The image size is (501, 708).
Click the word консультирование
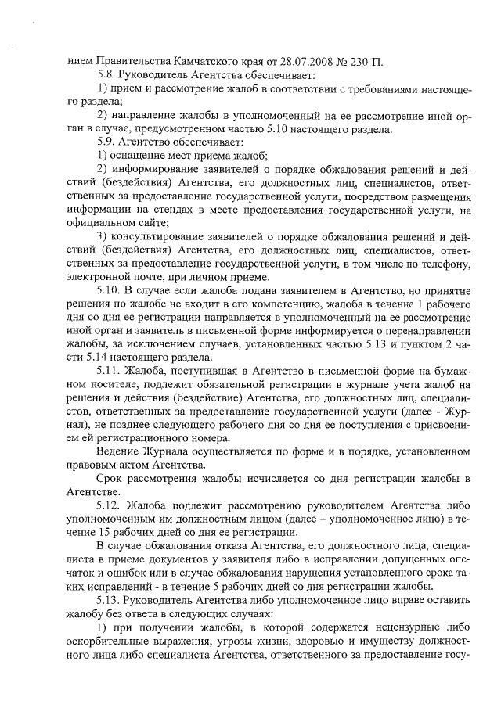[158, 235]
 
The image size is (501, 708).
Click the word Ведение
[117, 451]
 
